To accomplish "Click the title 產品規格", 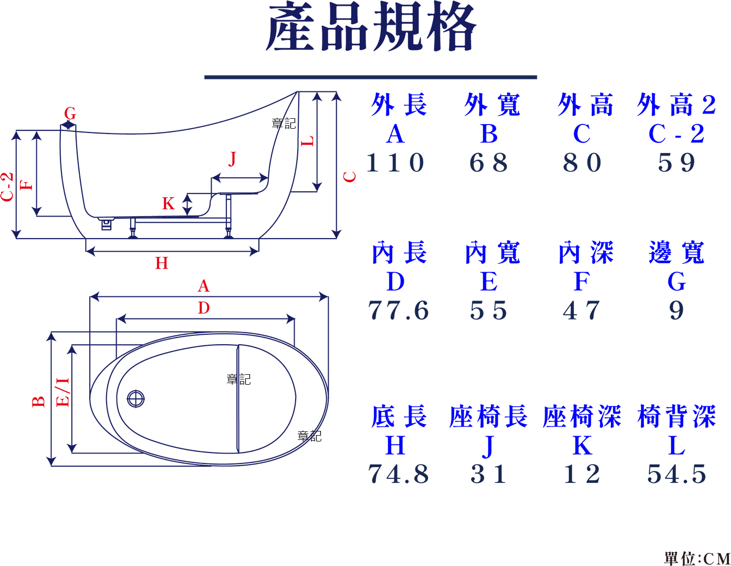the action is point(371,26).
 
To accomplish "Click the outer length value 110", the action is point(395,163).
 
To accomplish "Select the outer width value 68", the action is point(489,163).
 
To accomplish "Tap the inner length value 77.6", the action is point(399,310).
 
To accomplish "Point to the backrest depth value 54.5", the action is point(676,474).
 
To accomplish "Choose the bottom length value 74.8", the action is point(399,474).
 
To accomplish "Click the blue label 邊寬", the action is point(676,252).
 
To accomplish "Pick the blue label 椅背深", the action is point(676,416).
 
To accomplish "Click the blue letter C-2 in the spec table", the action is point(676,133).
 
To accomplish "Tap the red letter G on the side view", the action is point(70,113).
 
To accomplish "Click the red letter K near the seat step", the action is point(168,203).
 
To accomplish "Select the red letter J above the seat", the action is point(232,159).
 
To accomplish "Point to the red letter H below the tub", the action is point(161,263).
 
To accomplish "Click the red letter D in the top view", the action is point(204,307).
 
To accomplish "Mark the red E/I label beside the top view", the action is point(62,392).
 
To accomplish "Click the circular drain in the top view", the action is point(136,399).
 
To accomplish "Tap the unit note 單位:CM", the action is point(697,559).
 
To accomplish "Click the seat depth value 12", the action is point(582,474).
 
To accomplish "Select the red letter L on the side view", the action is point(307,141).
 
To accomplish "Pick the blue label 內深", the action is point(586,252).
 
